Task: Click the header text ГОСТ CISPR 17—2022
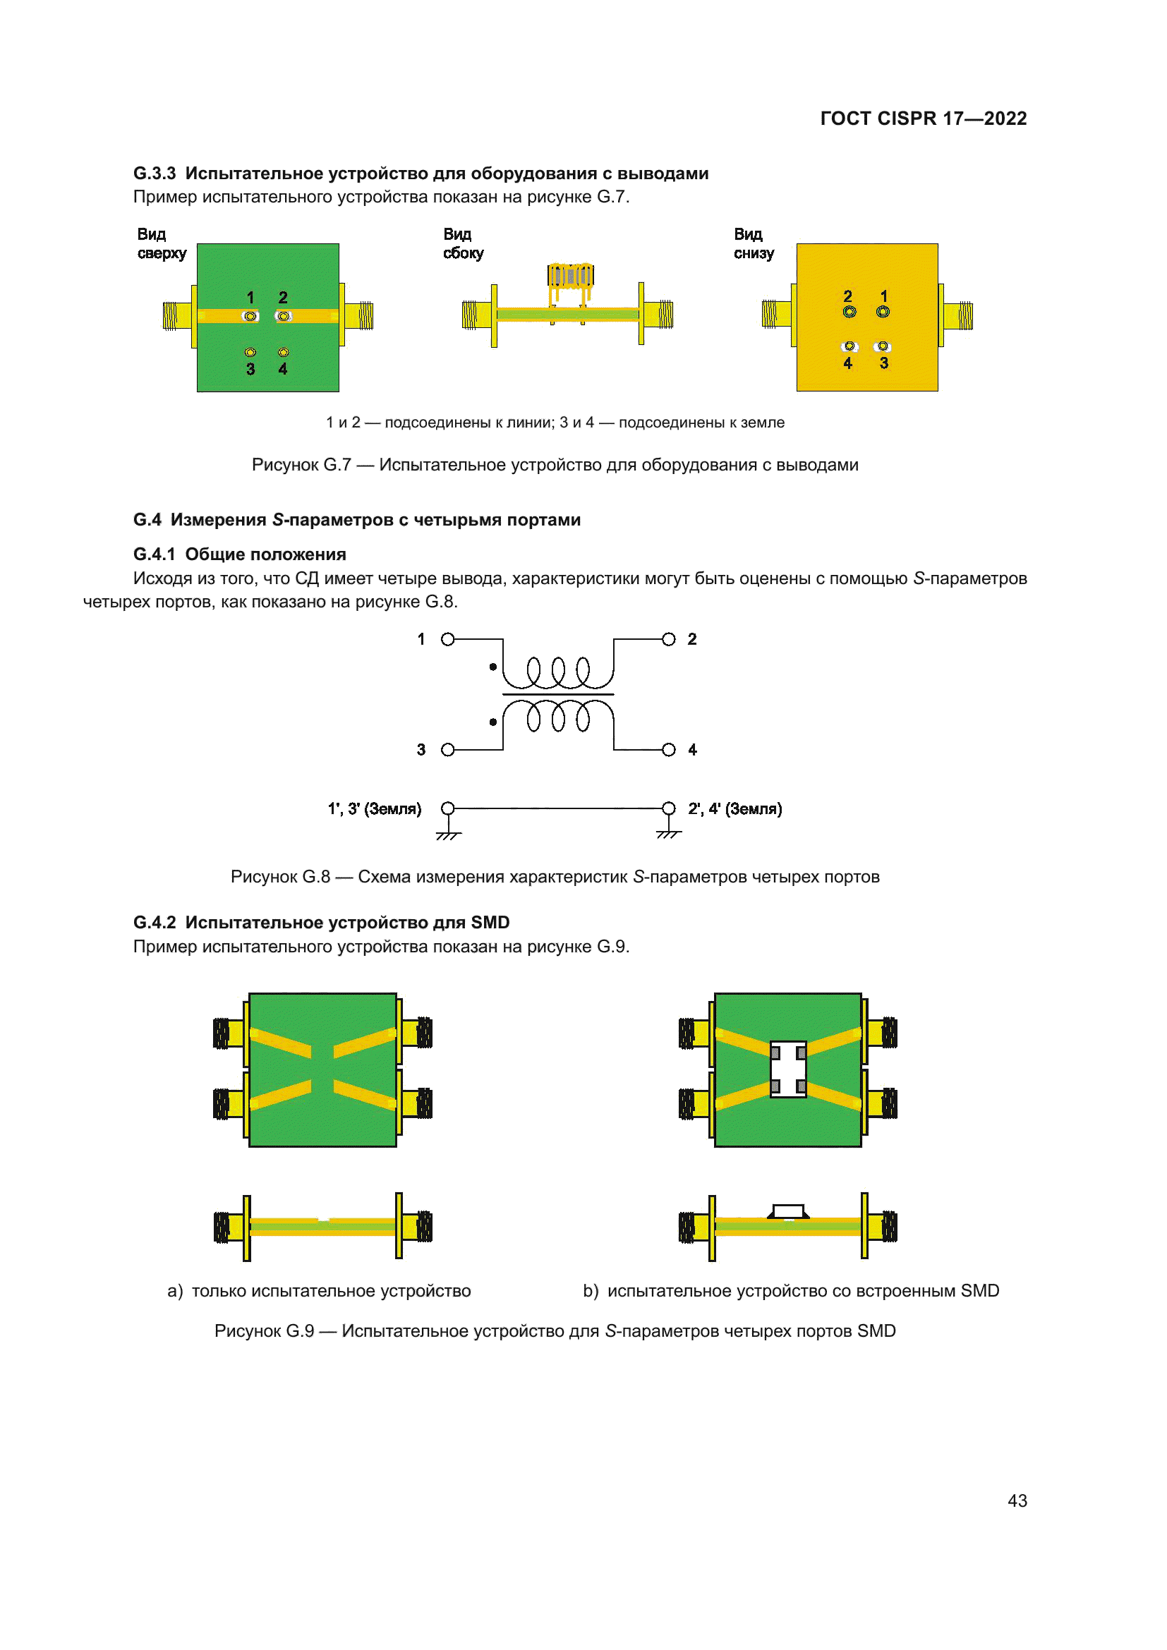pos(923,119)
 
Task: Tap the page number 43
pos(1017,1500)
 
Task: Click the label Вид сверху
pos(161,243)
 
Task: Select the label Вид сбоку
pos(463,243)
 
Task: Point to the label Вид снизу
pos(753,243)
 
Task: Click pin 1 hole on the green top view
pos(250,316)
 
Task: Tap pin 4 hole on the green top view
pos(283,352)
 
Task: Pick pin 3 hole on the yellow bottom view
pos(883,346)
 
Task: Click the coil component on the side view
pos(570,275)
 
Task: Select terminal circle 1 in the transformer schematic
pos(448,639)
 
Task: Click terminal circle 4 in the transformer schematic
pos(668,750)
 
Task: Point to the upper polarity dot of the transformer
pos(493,667)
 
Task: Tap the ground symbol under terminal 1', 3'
pos(448,835)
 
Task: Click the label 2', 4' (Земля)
pos(734,808)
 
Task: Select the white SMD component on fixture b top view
pos(787,1069)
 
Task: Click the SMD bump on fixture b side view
pos(787,1212)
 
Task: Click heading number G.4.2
pos(154,922)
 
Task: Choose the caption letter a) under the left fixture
pos(174,1291)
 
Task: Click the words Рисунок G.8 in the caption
pos(279,877)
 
